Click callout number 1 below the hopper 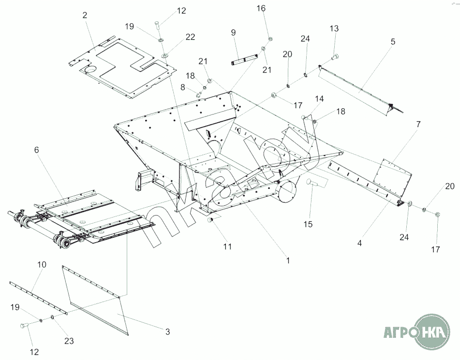pos(288,260)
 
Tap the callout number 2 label pos(85,15)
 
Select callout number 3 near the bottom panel pos(167,331)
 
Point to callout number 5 pos(393,42)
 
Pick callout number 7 pos(418,124)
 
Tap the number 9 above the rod pos(233,32)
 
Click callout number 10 pos(42,265)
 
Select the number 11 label pos(227,246)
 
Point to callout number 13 pos(334,29)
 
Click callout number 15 pos(308,224)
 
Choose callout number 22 pos(190,37)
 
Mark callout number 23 pos(69,341)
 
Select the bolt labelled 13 pos(334,58)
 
